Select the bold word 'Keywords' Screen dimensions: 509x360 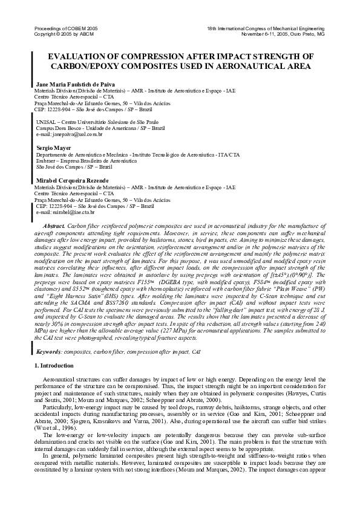tap(48, 350)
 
